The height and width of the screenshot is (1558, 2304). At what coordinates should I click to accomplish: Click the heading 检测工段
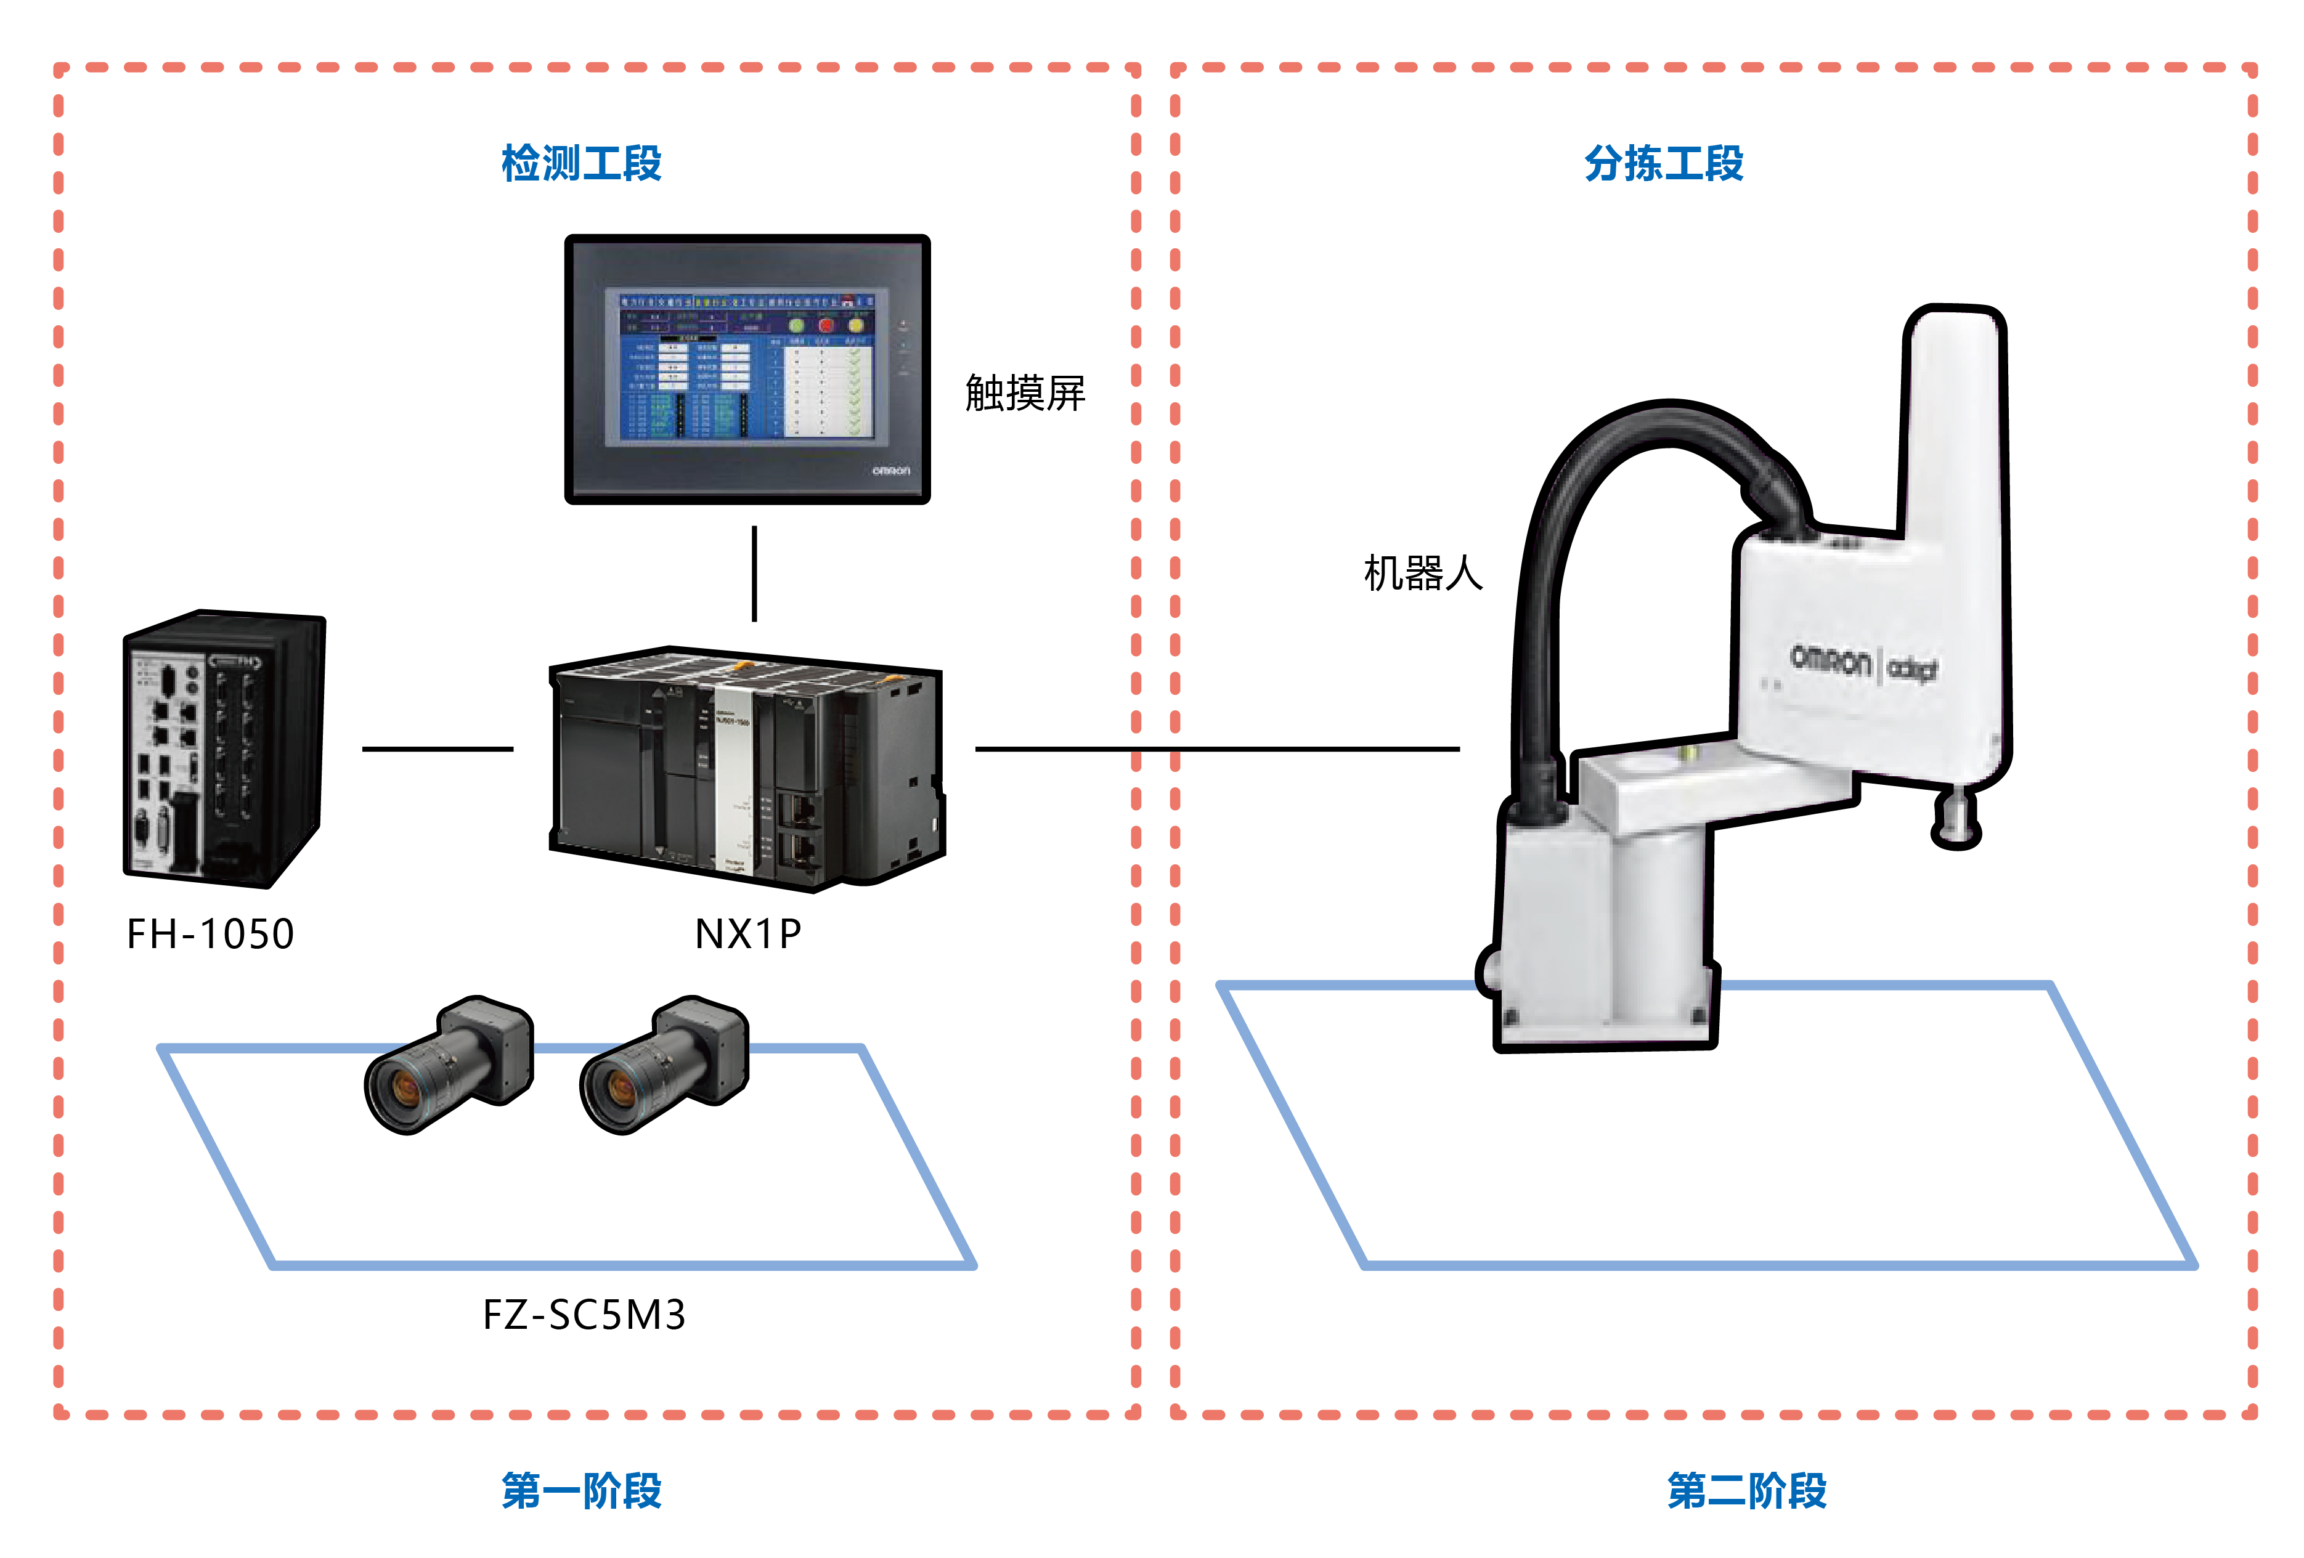[581, 163]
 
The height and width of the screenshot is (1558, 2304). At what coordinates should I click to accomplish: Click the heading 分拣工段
[1664, 163]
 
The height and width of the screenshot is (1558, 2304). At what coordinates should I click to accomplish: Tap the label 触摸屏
[1025, 394]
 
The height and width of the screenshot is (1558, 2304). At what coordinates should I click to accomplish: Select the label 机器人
[1423, 573]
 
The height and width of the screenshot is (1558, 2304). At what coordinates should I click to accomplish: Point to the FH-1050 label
[210, 933]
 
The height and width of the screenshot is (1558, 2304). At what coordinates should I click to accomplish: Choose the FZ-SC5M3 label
[584, 1315]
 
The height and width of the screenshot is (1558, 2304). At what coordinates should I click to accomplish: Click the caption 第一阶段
[581, 1490]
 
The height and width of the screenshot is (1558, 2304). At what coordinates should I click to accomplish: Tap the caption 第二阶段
[1747, 1490]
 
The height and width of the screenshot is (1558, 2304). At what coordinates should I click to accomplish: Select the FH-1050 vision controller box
[223, 749]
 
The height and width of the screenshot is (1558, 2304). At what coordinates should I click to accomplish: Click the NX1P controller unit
[746, 768]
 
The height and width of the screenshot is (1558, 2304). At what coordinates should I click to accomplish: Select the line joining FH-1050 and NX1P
[438, 749]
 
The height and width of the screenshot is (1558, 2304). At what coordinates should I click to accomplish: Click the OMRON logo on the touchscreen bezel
[890, 471]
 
